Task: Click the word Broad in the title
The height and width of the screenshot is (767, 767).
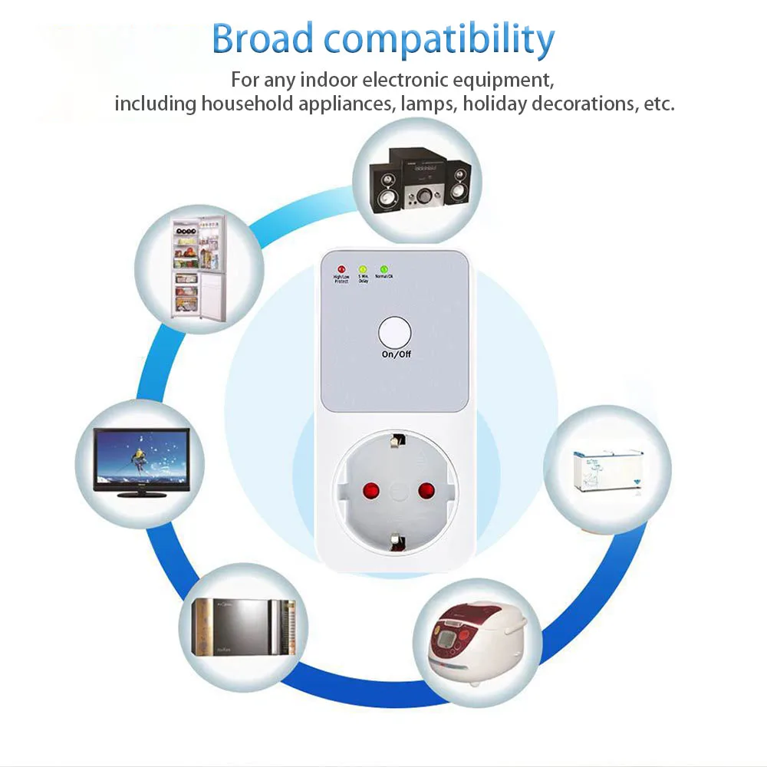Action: click(262, 39)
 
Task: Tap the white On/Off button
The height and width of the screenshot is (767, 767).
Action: click(395, 334)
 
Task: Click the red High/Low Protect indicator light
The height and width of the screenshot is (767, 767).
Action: click(341, 269)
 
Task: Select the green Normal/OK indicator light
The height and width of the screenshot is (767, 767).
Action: click(383, 269)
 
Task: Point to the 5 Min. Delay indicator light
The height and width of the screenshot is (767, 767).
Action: click(363, 269)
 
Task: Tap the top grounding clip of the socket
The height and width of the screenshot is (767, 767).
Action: click(396, 440)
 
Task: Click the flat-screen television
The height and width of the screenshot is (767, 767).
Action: click(140, 462)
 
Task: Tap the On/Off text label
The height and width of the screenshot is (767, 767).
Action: click(396, 354)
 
